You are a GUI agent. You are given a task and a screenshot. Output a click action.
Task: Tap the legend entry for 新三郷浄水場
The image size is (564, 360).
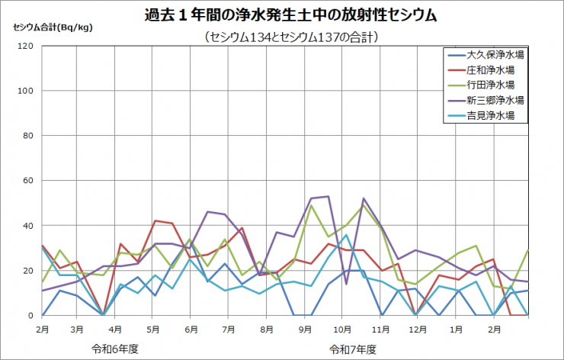[495, 100]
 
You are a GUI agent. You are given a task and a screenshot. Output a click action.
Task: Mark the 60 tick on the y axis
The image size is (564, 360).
[28, 181]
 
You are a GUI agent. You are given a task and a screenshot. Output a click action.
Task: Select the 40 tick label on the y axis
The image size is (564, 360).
[28, 226]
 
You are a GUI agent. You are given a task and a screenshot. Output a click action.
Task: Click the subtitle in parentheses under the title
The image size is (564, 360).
[291, 36]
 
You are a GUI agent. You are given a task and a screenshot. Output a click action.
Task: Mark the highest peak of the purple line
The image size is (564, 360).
[328, 197]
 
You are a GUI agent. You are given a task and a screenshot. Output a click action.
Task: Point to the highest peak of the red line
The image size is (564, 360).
[155, 221]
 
